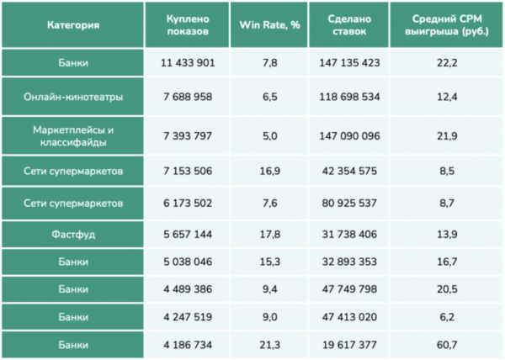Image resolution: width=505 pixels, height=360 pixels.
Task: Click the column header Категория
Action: click(x=72, y=24)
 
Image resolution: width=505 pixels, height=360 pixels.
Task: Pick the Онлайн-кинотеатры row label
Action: click(x=72, y=97)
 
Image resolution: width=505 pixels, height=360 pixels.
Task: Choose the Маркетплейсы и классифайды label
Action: click(x=72, y=135)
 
